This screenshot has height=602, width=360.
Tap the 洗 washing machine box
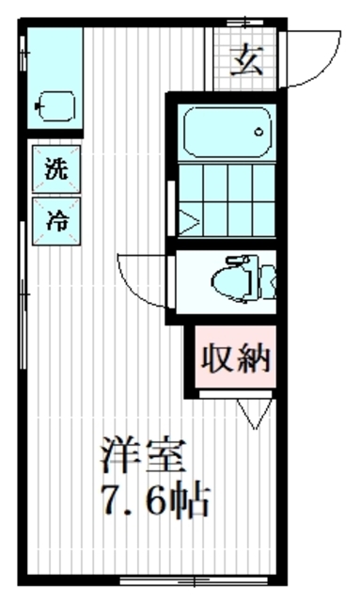click(x=56, y=171)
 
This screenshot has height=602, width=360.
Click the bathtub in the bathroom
click(x=225, y=132)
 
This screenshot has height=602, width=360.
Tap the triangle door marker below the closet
click(x=251, y=412)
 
